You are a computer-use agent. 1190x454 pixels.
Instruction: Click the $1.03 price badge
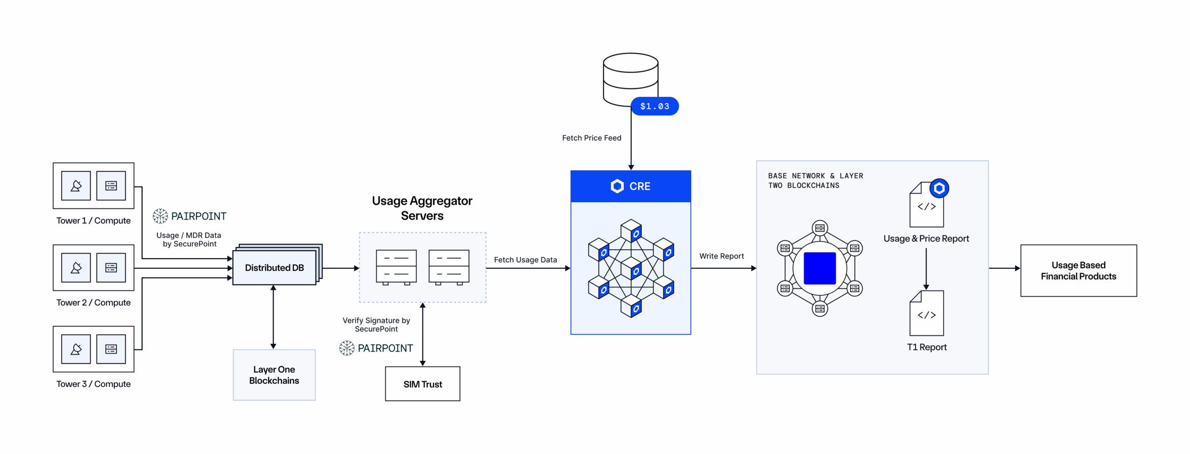(654, 106)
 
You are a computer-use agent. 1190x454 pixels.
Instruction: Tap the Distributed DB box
(274, 268)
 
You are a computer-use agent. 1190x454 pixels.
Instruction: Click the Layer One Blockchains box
(274, 375)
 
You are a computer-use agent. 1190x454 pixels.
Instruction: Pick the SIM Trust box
(423, 384)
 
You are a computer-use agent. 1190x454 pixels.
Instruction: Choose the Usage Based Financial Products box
(1078, 271)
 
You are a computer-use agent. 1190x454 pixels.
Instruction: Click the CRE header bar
(631, 186)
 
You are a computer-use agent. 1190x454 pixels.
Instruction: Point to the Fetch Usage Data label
(525, 260)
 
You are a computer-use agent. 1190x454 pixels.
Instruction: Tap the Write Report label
(721, 256)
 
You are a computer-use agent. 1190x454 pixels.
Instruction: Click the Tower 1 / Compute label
(93, 220)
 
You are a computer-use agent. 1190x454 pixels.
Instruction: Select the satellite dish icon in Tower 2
(76, 268)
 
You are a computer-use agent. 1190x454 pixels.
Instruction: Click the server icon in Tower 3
(111, 349)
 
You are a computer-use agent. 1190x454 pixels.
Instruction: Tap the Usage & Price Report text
(926, 239)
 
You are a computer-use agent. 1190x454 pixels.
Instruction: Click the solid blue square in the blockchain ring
(820, 268)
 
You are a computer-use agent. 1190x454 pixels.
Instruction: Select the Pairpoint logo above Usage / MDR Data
(190, 216)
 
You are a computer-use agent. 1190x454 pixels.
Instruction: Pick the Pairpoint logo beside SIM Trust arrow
(376, 348)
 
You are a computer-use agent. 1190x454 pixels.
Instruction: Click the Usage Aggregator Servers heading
(422, 208)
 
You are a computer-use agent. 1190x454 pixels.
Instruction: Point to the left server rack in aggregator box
(396, 267)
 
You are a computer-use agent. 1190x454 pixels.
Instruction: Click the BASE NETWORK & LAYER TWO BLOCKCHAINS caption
(815, 180)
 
